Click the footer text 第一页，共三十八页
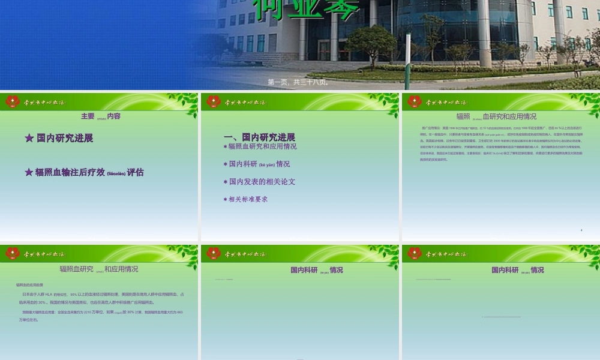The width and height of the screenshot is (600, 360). click(x=298, y=82)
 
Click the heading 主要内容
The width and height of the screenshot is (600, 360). click(x=101, y=116)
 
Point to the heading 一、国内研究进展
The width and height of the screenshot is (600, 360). click(x=259, y=137)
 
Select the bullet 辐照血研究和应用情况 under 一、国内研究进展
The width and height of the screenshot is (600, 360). click(x=260, y=146)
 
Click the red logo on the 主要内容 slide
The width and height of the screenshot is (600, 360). click(x=13, y=101)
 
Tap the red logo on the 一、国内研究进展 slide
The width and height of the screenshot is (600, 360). click(x=214, y=101)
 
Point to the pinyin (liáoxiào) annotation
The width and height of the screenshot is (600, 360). click(x=116, y=173)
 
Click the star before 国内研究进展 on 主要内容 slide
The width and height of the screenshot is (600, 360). click(x=29, y=138)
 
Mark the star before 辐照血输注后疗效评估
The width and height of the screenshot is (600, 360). click(x=29, y=172)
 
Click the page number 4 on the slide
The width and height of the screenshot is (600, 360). click(x=581, y=230)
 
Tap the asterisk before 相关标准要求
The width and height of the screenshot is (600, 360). click(x=225, y=199)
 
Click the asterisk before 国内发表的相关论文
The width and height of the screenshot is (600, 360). click(x=225, y=182)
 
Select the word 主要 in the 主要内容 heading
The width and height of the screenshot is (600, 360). click(x=88, y=116)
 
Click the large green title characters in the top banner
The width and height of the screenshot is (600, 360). click(x=306, y=9)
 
